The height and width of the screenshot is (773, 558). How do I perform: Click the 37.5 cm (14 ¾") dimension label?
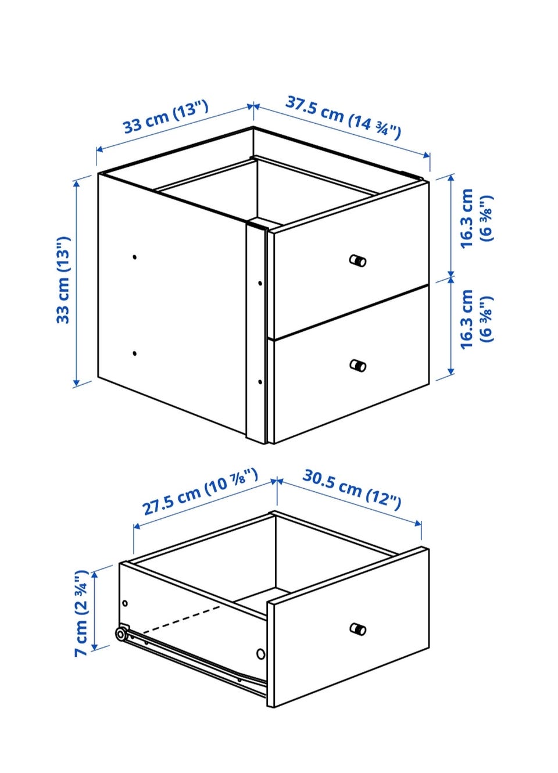point(343,117)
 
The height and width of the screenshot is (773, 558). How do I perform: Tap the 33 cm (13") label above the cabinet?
point(166,116)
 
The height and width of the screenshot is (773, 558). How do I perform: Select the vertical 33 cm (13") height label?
point(63,280)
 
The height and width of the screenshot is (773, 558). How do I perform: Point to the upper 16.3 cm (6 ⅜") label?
point(477,218)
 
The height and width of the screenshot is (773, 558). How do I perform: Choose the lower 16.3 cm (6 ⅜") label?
point(477,319)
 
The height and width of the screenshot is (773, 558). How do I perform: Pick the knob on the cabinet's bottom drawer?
point(357,365)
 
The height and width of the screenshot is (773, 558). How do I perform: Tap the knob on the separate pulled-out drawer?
point(357,629)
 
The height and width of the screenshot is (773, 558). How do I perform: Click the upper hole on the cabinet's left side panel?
point(135,257)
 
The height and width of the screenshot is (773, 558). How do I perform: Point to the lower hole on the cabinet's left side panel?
point(135,353)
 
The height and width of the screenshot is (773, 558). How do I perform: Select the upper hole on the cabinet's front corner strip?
point(260,283)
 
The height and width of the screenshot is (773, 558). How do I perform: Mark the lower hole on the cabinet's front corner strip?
point(260,382)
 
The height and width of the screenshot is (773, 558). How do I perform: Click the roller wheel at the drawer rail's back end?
point(121,634)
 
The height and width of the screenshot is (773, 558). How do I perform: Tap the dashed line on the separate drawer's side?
point(181,620)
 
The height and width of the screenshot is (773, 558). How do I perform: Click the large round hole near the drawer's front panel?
point(261,654)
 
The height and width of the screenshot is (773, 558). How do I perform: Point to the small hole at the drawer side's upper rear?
point(125,603)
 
